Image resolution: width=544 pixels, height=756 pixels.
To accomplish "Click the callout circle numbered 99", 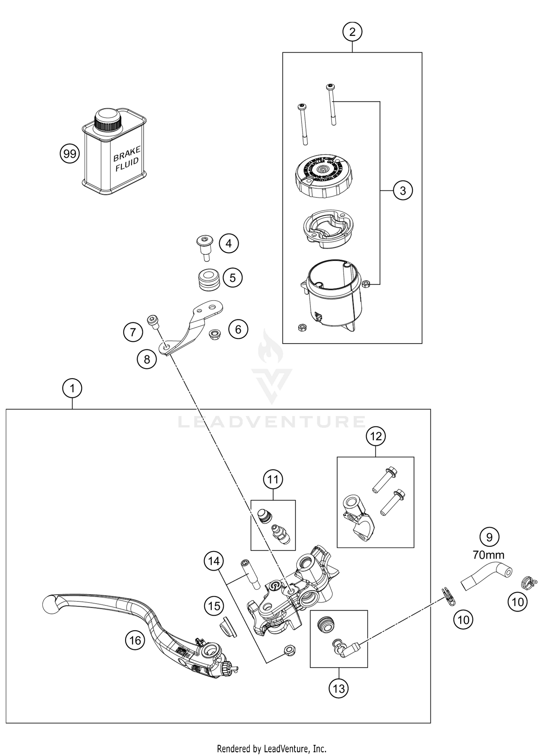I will tap(70, 154).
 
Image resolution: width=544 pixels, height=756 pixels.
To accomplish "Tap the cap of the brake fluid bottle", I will tap(108, 120).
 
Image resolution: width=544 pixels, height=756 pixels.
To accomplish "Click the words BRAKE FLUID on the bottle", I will tap(127, 159).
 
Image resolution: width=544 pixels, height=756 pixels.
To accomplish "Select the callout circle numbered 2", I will tap(352, 32).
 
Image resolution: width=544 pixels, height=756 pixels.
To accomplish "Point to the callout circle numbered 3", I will tap(403, 190).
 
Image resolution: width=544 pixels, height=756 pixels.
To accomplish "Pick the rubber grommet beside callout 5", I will tap(209, 279).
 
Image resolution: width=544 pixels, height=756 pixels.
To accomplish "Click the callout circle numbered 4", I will tap(229, 243).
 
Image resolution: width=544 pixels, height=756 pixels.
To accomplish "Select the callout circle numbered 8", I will tap(147, 359).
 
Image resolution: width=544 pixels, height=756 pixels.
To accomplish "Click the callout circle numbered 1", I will tap(72, 389).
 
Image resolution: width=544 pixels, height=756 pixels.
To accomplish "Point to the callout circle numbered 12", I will tap(376, 436).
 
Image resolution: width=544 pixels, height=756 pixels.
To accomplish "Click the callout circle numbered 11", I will tap(273, 480).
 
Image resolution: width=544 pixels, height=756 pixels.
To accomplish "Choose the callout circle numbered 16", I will tap(135, 640).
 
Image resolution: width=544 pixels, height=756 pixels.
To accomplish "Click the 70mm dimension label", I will tap(489, 555).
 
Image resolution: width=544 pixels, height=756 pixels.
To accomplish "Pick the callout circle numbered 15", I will tap(214, 606).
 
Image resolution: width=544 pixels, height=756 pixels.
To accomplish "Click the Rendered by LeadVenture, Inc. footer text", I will tap(272, 748).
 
